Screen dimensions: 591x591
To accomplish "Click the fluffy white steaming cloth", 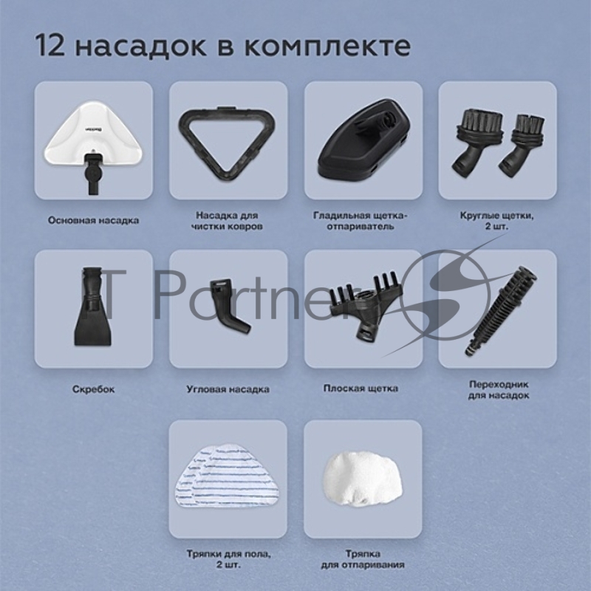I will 362,476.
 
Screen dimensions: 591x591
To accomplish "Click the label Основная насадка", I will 93,220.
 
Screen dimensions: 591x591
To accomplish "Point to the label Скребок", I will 93,389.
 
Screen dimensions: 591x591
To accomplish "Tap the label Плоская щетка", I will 361,388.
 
